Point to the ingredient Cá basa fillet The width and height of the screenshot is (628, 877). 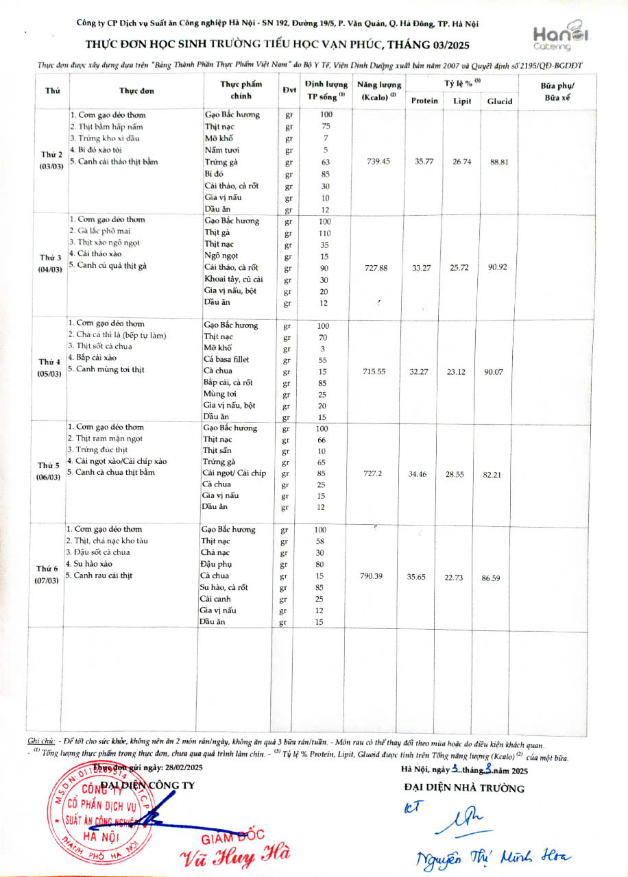[x=226, y=359]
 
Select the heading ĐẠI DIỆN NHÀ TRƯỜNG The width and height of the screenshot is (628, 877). [x=465, y=788]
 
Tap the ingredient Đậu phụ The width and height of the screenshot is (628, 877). [x=218, y=564]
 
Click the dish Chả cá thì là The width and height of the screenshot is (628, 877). [x=117, y=335]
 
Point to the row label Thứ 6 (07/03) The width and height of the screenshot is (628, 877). [x=48, y=575]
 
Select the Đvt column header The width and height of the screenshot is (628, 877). [x=289, y=90]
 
